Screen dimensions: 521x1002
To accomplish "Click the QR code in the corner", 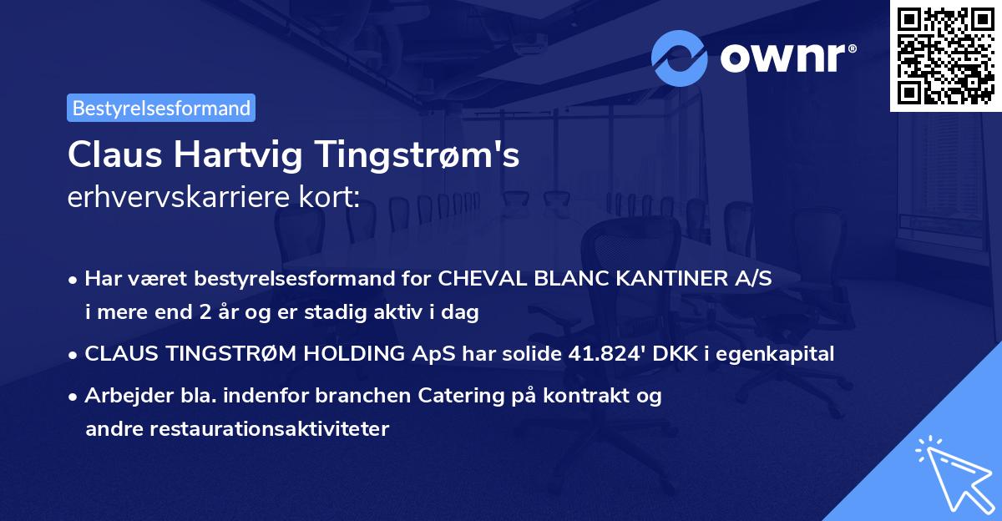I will pyautogui.click(x=946, y=55).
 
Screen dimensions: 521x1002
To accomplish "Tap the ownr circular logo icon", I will pyautogui.click(x=680, y=58).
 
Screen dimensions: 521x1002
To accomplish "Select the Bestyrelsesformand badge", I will pyautogui.click(x=161, y=108).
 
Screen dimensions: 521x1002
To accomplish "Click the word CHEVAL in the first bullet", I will pyautogui.click(x=477, y=279).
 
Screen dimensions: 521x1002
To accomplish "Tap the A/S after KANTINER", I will pyautogui.click(x=751, y=279).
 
